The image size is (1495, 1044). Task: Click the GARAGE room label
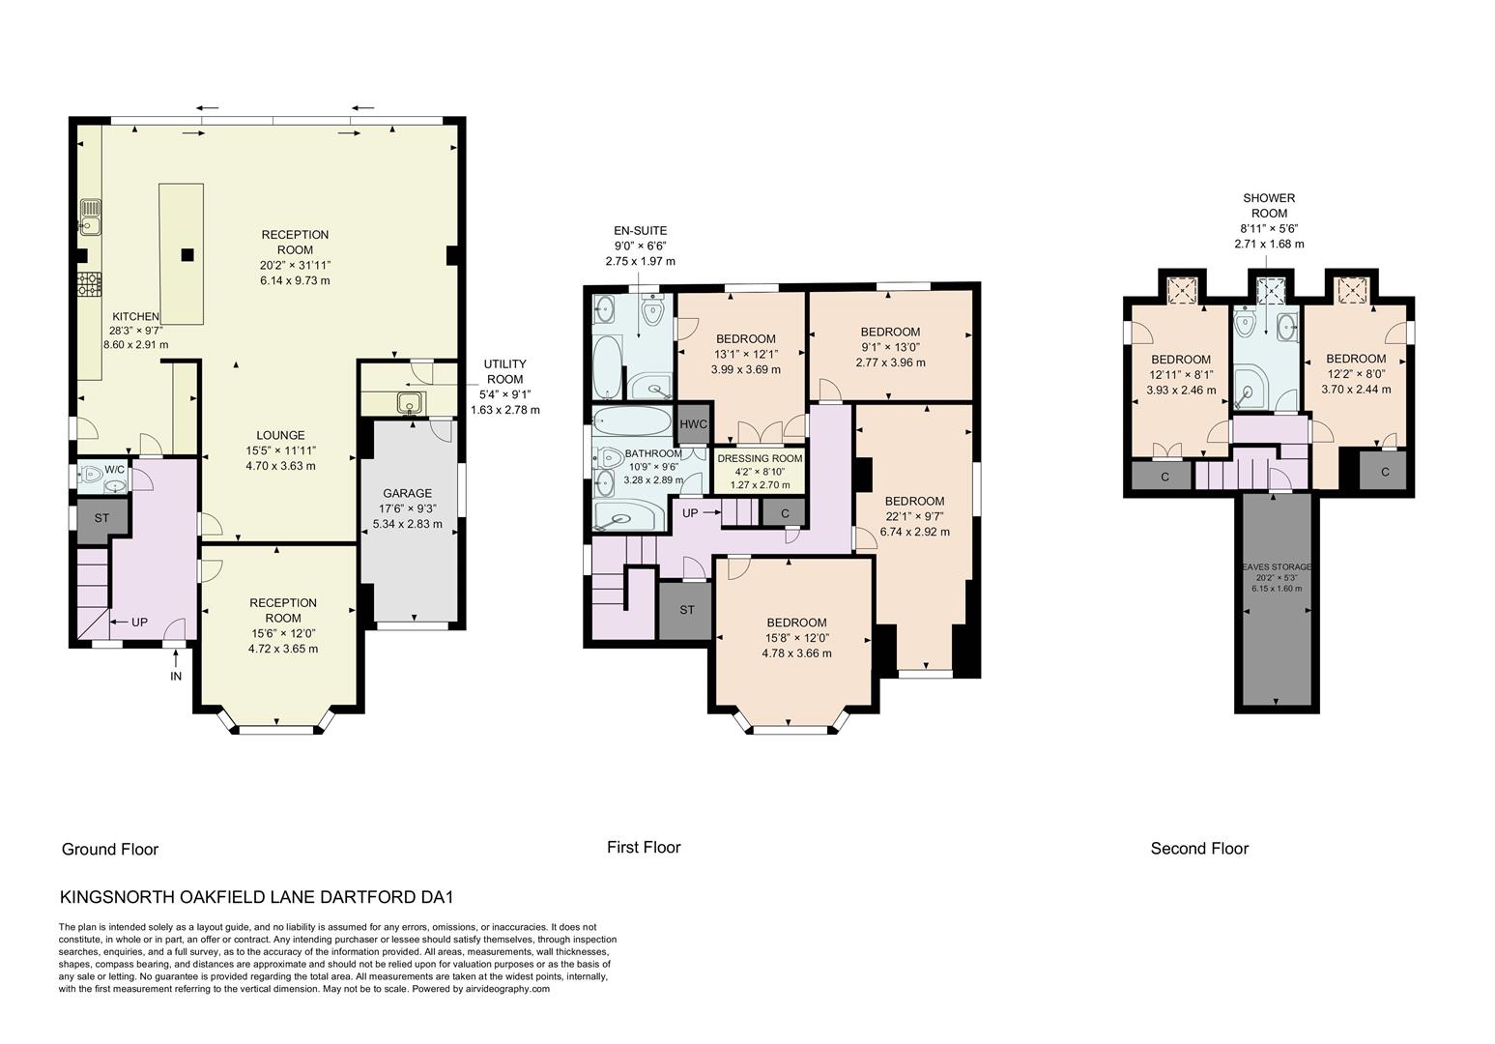click(407, 493)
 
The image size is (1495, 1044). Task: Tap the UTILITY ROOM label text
click(504, 372)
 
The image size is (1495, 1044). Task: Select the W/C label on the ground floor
click(114, 469)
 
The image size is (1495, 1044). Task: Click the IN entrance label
click(176, 676)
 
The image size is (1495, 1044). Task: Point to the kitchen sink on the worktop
click(90, 217)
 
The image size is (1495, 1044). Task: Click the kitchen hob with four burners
click(89, 283)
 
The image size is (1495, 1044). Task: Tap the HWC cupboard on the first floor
click(693, 424)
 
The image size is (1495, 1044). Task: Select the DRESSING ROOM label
click(760, 458)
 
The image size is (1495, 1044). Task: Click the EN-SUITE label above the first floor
click(640, 231)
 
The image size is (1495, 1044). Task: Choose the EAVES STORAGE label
click(1276, 566)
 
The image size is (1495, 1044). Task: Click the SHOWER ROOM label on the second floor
click(1269, 206)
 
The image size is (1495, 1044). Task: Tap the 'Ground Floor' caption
click(109, 850)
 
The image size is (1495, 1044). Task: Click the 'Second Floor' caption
click(1199, 849)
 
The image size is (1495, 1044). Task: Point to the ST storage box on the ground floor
click(101, 518)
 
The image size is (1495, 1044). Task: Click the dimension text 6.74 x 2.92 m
click(914, 532)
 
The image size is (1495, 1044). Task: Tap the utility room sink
click(409, 401)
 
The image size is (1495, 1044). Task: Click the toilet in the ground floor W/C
click(94, 474)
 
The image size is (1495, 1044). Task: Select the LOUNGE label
click(280, 435)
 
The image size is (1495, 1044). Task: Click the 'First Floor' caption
click(644, 848)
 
